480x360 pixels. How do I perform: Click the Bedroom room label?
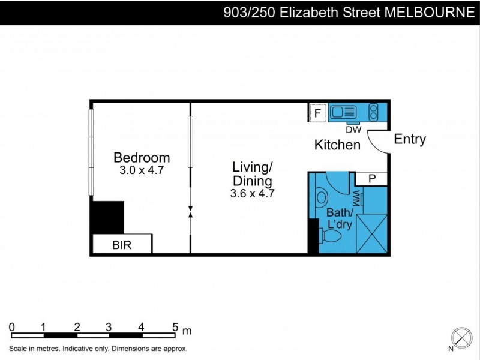(142, 158)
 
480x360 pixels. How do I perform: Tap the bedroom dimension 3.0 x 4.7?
(142, 170)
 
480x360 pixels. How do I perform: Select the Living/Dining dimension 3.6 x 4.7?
(252, 193)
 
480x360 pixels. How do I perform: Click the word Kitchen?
(338, 145)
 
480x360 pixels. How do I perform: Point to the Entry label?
(410, 139)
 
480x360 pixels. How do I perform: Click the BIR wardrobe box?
(122, 245)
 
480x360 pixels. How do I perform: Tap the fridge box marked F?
(317, 112)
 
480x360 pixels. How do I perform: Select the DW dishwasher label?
(353, 128)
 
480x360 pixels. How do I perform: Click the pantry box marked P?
(372, 178)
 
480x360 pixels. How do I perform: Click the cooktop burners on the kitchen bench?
(373, 112)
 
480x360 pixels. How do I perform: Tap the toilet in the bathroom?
(331, 238)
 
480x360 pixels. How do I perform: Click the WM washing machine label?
(356, 197)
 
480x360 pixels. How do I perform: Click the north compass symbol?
(461, 337)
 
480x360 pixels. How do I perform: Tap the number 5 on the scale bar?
(175, 327)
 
